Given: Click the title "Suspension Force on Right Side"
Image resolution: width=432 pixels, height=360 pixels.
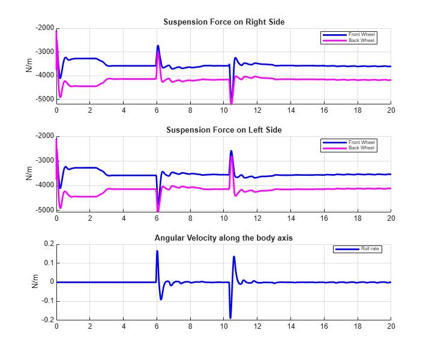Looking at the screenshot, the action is coord(224,22).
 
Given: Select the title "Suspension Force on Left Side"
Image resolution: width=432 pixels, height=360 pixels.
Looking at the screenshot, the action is coord(224,130).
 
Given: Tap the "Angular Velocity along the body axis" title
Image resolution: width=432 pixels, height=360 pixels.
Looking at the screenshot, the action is coord(224,238).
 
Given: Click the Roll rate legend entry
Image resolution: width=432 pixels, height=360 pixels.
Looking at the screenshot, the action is coord(358,249).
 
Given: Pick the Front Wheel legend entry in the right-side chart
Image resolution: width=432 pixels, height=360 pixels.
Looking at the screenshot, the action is coord(349,35).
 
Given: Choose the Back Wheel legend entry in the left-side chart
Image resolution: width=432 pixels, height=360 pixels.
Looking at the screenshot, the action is coord(349,148).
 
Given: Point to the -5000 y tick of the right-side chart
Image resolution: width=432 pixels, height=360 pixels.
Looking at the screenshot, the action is coord(44,99).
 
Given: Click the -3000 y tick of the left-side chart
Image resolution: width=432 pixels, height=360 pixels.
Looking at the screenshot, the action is coord(44,161).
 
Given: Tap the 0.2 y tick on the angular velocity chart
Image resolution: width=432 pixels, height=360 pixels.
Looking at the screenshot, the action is coord(49,244).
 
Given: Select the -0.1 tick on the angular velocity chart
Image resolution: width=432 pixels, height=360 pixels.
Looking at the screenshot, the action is coord(48,301).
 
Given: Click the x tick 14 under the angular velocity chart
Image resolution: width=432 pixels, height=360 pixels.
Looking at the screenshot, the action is coord(290,326).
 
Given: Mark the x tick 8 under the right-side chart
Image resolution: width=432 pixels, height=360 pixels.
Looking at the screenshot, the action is coord(190,110).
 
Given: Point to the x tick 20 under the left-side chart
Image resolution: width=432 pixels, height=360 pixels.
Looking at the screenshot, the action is coord(391,218).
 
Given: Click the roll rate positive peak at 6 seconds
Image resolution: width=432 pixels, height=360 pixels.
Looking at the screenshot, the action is coord(157,251).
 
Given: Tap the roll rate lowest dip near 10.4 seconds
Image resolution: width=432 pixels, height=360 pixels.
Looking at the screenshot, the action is coord(230,318).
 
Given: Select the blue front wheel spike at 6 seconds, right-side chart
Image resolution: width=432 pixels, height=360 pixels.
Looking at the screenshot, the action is coord(158,46).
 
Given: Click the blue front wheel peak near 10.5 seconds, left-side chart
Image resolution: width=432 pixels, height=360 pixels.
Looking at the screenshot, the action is coord(231,151).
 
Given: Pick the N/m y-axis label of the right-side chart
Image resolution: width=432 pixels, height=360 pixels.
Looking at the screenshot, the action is coord(29,65).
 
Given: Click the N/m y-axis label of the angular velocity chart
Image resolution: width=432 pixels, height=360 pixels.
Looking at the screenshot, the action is coord(35,281).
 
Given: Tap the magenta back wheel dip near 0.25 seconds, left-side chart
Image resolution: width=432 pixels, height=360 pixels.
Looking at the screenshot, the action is coord(61,208).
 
